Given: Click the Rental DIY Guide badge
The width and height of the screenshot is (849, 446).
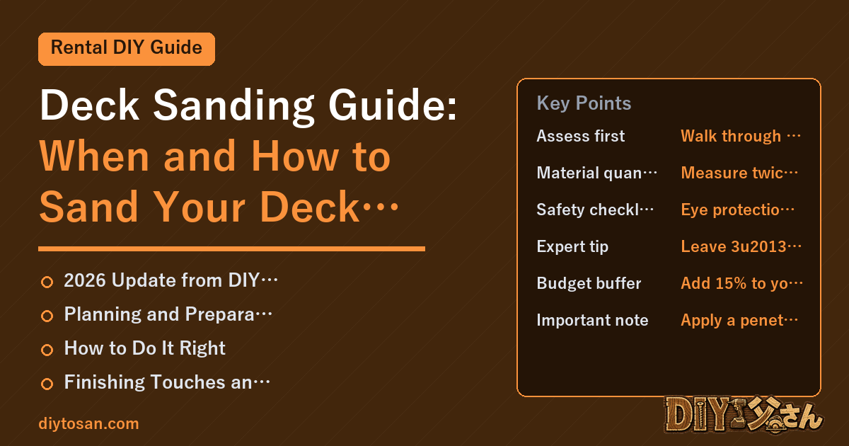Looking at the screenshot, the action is [x=127, y=49].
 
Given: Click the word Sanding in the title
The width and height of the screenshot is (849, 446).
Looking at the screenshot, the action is [x=233, y=105].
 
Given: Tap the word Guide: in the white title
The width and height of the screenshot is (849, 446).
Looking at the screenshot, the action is [x=393, y=105].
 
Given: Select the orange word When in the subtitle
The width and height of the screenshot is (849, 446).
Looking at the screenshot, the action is [x=94, y=156].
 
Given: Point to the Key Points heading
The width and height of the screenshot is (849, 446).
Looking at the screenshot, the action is [x=584, y=103].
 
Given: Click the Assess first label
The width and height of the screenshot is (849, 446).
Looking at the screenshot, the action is [x=581, y=136].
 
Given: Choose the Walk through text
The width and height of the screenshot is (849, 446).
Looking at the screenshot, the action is [x=731, y=136].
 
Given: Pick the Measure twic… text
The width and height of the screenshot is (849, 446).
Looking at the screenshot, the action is [x=739, y=173].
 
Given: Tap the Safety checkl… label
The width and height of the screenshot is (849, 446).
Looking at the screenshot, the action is [x=595, y=210].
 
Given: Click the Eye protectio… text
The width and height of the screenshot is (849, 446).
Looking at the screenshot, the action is [x=737, y=210].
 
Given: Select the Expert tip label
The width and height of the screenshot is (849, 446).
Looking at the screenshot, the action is [x=572, y=246].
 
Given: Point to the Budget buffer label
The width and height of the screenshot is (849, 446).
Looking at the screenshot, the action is [x=589, y=283].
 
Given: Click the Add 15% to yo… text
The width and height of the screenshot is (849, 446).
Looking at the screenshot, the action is [x=741, y=283].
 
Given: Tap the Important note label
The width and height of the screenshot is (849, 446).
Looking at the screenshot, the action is [x=592, y=320].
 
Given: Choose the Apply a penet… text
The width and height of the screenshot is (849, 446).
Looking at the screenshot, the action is [x=739, y=321].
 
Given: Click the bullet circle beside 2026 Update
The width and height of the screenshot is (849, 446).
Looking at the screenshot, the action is [x=47, y=282].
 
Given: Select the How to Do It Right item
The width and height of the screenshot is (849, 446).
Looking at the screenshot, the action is [x=145, y=348].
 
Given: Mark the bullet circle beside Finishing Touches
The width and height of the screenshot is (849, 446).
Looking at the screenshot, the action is [x=47, y=384].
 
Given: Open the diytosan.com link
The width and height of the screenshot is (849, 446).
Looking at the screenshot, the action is [x=88, y=423].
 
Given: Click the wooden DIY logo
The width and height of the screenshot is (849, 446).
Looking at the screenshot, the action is [x=744, y=415].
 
